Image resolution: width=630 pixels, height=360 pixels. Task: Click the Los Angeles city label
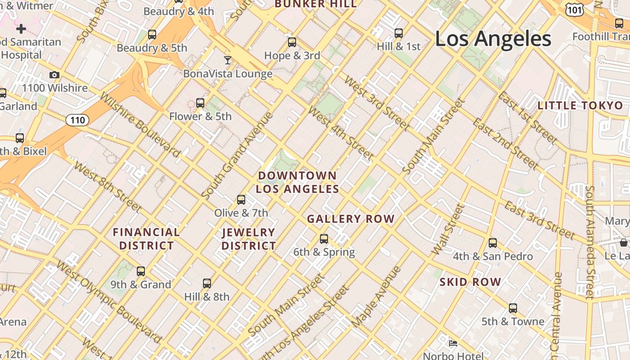tap(493, 39)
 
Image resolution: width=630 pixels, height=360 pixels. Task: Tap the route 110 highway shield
tap(77, 120)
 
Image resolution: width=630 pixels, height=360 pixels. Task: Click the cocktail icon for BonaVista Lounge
tap(228, 60)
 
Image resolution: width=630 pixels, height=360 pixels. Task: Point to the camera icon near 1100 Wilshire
tap(54, 75)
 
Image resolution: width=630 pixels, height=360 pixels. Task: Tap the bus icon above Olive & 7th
tap(241, 199)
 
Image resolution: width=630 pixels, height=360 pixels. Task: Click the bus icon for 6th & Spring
tap(324, 239)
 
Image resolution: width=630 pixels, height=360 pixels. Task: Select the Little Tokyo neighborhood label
tap(580, 106)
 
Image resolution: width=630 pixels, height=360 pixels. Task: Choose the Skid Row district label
tap(470, 282)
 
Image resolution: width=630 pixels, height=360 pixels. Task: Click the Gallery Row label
tap(351, 219)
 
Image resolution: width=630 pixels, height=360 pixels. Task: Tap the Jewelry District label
tap(248, 239)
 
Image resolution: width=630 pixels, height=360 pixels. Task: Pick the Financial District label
tap(146, 239)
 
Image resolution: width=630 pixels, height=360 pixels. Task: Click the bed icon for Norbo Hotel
tap(453, 343)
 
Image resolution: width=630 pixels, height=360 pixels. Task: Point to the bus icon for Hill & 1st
tap(399, 33)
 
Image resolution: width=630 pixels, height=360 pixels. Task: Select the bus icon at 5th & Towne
tap(513, 308)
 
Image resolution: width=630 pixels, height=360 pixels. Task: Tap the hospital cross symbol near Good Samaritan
tap(21, 29)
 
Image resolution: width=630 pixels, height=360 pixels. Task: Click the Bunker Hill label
tap(315, 4)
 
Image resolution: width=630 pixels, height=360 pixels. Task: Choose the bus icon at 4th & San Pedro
tap(493, 243)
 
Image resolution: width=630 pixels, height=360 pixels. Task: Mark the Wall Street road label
tap(447, 229)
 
